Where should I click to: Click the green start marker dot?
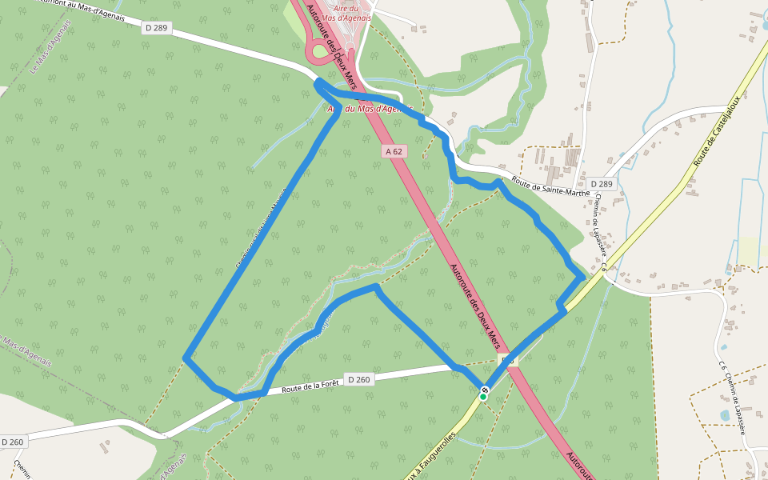point(482,397)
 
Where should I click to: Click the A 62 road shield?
point(394,150)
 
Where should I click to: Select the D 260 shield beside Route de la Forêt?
point(358,379)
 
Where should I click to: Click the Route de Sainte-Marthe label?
point(550,187)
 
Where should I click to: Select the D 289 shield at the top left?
point(156,28)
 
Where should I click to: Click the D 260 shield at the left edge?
point(12,442)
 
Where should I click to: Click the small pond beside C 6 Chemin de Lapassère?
point(725,415)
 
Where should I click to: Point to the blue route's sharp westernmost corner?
point(186,358)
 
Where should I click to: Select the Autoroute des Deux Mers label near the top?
point(327,40)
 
